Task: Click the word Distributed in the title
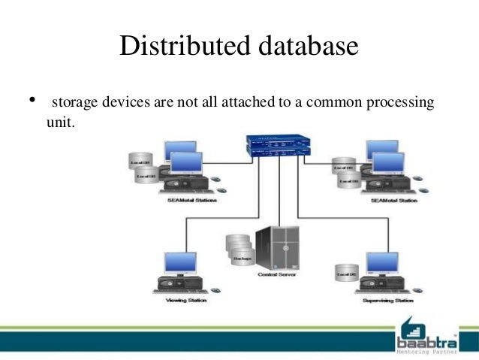click(178, 47)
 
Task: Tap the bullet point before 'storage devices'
click(32, 100)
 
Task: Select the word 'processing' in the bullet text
click(399, 101)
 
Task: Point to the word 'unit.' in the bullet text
click(61, 120)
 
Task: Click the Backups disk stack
click(239, 250)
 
